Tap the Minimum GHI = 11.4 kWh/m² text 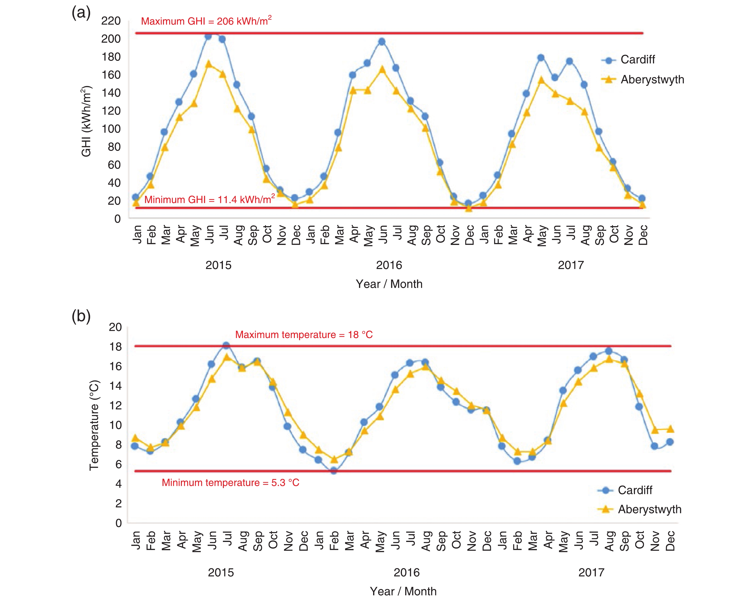(x=209, y=199)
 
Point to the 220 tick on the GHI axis (x=111, y=21)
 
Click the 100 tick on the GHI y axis (x=111, y=129)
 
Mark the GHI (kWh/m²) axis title (x=86, y=121)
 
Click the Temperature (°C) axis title (x=94, y=425)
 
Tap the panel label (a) (x=81, y=13)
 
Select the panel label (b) (x=81, y=316)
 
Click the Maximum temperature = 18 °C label (x=304, y=335)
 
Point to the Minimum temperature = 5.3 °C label (x=230, y=483)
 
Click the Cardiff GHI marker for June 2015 (x=208, y=36)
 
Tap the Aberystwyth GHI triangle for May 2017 (x=541, y=80)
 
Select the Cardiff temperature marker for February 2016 (x=334, y=471)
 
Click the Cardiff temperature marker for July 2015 (x=226, y=345)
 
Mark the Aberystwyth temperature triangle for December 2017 (x=670, y=429)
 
